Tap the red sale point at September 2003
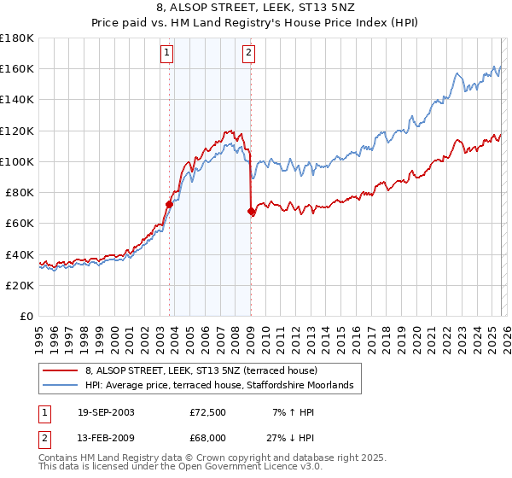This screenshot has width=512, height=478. tap(170, 204)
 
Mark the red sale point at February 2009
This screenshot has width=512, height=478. tap(251, 211)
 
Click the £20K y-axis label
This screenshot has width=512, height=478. tap(19, 285)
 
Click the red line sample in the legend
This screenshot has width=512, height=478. tap(61, 370)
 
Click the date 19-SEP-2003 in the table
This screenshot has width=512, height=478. tap(106, 412)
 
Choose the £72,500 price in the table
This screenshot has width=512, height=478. tap(208, 412)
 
